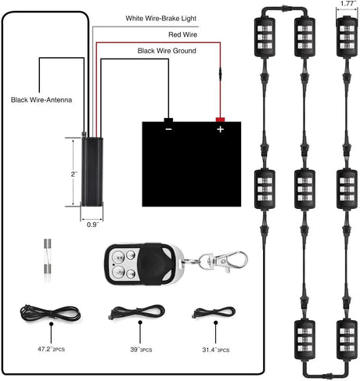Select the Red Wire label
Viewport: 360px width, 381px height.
point(182,34)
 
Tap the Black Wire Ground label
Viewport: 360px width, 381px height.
point(167,51)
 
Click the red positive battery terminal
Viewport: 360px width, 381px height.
point(221,119)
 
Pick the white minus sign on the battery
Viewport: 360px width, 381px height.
point(169,130)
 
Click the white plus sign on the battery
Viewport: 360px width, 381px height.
point(221,130)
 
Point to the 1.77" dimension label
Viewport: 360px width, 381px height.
point(344,5)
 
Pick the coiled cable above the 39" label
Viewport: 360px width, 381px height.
point(128,311)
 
